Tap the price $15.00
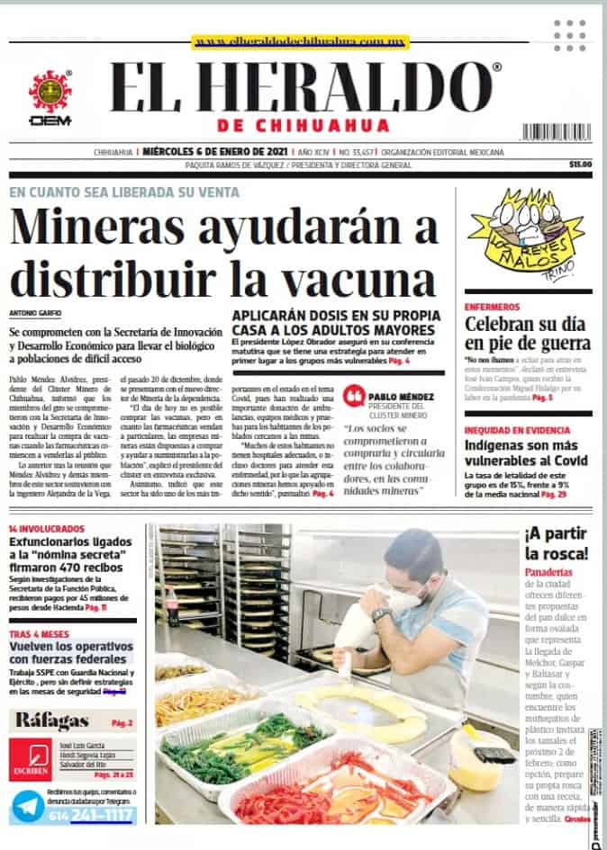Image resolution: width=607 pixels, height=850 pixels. click(580, 165)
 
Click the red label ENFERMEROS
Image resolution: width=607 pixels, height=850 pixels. click(492, 307)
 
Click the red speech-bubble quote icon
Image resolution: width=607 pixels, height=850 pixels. click(354, 398)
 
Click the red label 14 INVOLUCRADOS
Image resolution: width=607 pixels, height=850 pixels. click(47, 529)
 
